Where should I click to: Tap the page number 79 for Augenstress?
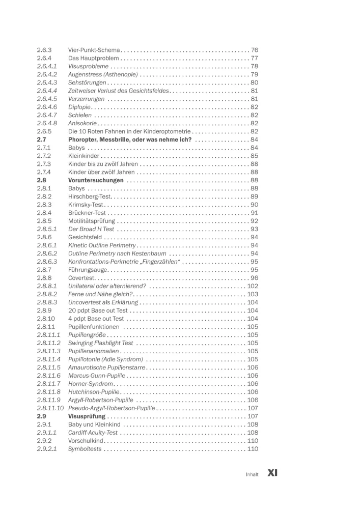click(254, 75)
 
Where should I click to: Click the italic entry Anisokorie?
click(82, 124)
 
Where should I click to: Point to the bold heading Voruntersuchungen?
click(96, 180)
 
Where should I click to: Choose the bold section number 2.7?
click(42, 139)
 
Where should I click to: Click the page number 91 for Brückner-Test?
click(254, 213)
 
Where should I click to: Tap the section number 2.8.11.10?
click(50, 408)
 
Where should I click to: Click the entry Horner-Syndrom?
click(91, 384)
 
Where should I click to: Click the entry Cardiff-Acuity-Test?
click(93, 433)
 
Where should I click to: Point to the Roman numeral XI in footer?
click(272, 473)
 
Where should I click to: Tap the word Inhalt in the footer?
click(252, 474)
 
